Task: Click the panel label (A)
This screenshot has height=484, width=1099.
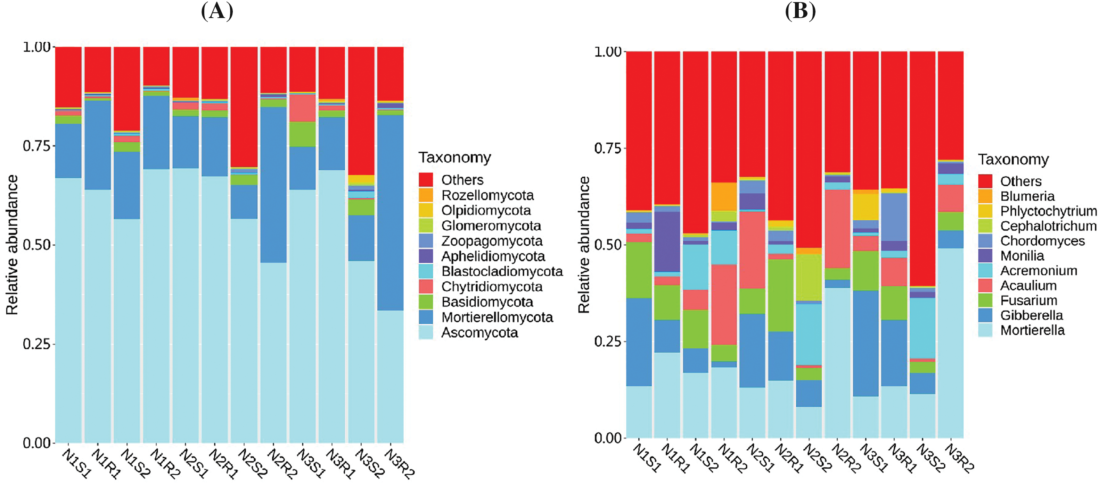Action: click(x=217, y=11)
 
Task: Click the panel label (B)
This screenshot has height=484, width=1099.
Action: click(x=800, y=11)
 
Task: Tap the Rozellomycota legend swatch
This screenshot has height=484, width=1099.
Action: click(x=425, y=195)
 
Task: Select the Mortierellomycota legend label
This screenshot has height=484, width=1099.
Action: click(x=497, y=317)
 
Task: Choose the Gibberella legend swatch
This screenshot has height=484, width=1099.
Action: click(x=985, y=315)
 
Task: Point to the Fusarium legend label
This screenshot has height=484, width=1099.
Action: click(x=1028, y=300)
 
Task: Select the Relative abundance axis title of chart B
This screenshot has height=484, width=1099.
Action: click(x=583, y=245)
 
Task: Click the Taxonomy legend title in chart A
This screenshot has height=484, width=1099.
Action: click(x=454, y=158)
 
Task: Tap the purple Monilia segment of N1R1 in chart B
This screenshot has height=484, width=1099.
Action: click(x=667, y=241)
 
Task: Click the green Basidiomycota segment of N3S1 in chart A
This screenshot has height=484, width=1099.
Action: click(x=303, y=134)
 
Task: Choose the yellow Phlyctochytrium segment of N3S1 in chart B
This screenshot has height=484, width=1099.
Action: click(x=865, y=207)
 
